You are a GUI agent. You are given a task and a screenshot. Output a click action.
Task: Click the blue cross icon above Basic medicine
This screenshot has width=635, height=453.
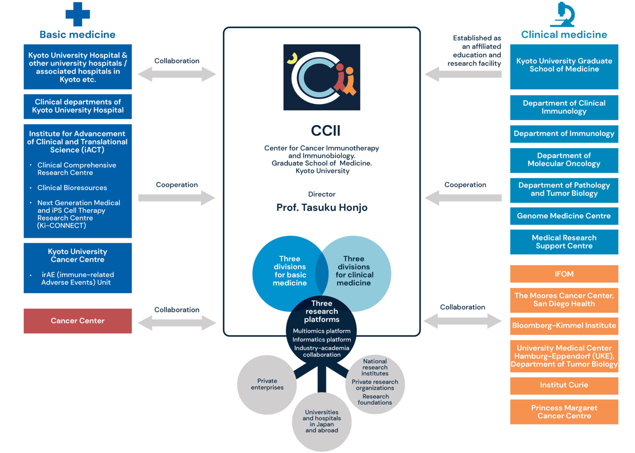click(x=77, y=14)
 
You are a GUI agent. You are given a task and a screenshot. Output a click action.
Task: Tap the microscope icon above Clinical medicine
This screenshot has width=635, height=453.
click(x=563, y=15)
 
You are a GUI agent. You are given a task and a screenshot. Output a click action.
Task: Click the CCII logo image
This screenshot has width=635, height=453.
click(x=321, y=77)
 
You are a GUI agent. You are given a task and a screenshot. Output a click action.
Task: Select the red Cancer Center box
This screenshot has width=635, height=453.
click(x=78, y=321)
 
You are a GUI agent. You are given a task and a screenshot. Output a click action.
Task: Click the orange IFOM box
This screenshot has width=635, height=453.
click(x=564, y=274)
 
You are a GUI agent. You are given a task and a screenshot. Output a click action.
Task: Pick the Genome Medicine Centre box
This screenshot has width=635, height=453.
click(x=564, y=216)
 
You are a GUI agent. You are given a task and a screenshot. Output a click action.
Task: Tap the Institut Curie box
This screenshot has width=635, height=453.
click(x=564, y=385)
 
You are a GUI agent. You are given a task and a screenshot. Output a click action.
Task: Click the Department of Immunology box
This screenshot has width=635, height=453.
click(x=564, y=134)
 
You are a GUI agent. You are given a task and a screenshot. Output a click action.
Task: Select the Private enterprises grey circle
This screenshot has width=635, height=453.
click(x=267, y=384)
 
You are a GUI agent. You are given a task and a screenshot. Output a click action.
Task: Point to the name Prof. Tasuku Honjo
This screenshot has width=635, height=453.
click(x=322, y=208)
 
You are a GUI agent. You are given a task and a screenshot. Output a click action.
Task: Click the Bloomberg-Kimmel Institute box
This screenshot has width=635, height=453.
click(x=564, y=326)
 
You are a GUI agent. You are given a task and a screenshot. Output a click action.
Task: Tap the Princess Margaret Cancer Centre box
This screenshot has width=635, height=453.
click(x=564, y=412)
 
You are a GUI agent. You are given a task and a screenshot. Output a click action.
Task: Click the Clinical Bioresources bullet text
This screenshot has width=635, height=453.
click(x=72, y=188)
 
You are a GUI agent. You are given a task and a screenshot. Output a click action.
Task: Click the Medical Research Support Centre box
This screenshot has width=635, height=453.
click(x=564, y=242)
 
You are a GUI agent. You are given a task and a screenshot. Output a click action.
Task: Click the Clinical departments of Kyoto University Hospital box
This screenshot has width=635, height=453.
click(x=78, y=106)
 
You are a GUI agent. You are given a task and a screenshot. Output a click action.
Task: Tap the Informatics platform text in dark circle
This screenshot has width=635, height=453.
click(x=321, y=340)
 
